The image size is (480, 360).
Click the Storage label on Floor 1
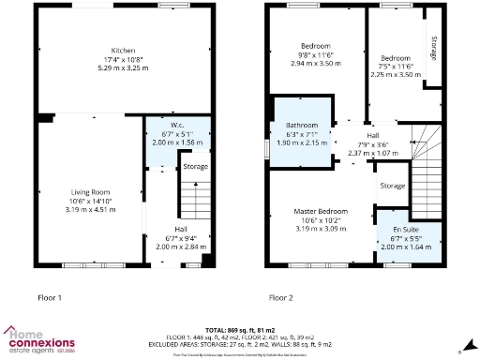pyautogui.click(x=195, y=166)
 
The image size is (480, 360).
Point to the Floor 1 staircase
pyautogui.click(x=191, y=201)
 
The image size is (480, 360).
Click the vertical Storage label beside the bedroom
pyautogui.click(x=433, y=49)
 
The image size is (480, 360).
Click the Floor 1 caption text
pyautogui.click(x=49, y=297)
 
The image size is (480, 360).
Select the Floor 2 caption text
pyautogui.click(x=281, y=297)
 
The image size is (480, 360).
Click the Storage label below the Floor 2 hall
pyautogui.click(x=392, y=186)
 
